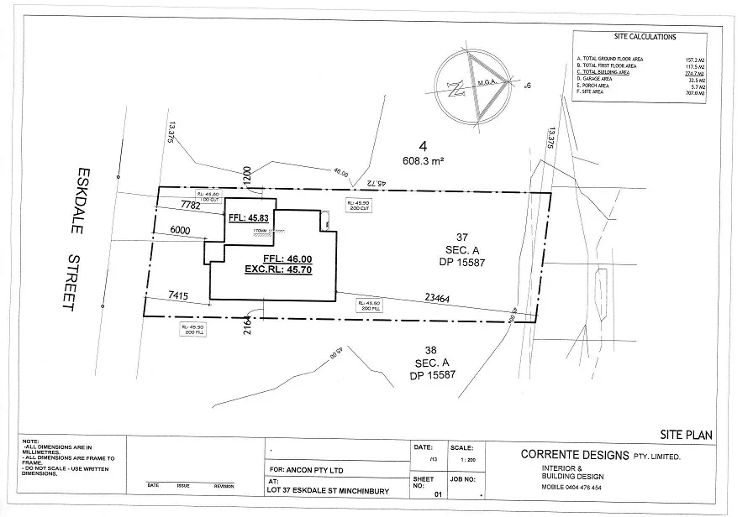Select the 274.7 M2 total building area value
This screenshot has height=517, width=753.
(x=693, y=73)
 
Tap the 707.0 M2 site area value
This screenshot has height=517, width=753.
(x=693, y=93)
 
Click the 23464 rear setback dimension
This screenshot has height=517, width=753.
(x=442, y=296)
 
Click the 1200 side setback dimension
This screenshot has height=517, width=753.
(x=248, y=175)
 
